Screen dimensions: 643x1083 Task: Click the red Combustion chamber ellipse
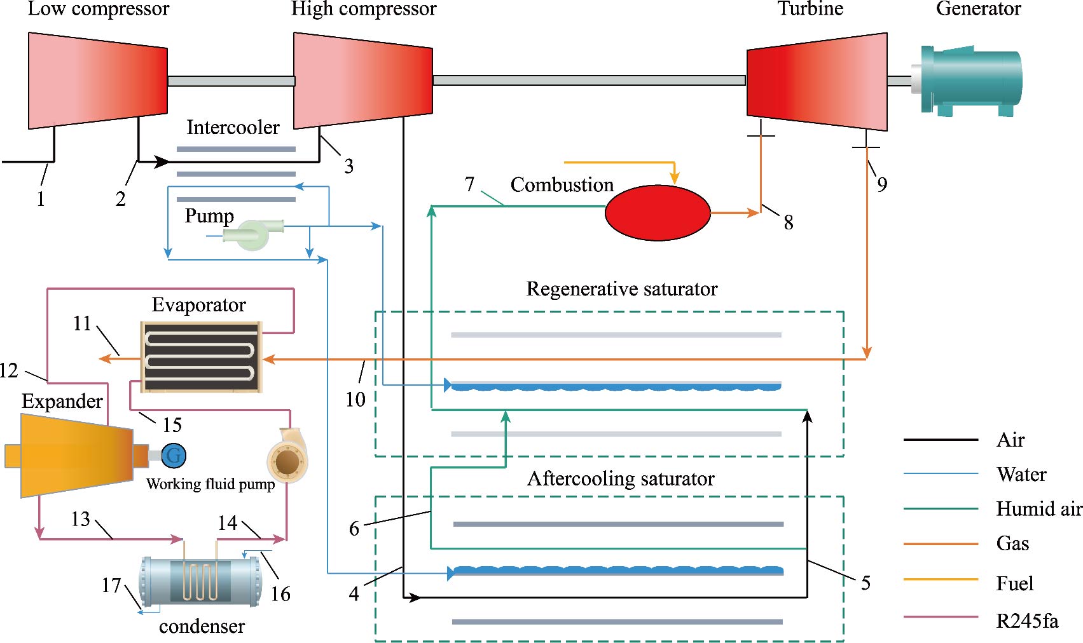(x=657, y=213)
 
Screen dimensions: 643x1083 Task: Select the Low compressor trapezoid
(x=98, y=81)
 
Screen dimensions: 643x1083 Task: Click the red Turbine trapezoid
(x=817, y=81)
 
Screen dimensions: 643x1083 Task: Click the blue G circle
(x=174, y=455)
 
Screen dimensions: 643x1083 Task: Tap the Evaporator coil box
(x=201, y=356)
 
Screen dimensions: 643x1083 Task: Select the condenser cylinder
(x=200, y=581)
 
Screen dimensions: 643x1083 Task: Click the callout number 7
(x=469, y=184)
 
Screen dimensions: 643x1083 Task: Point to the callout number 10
(x=355, y=399)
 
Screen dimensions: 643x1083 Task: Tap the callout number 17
(x=111, y=585)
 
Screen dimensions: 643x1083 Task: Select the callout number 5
(x=866, y=583)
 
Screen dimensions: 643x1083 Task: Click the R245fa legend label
(x=1027, y=621)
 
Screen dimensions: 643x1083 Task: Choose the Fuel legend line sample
(x=941, y=579)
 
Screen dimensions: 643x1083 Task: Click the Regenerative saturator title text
(x=621, y=289)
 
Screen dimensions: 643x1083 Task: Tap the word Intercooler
(x=233, y=128)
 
